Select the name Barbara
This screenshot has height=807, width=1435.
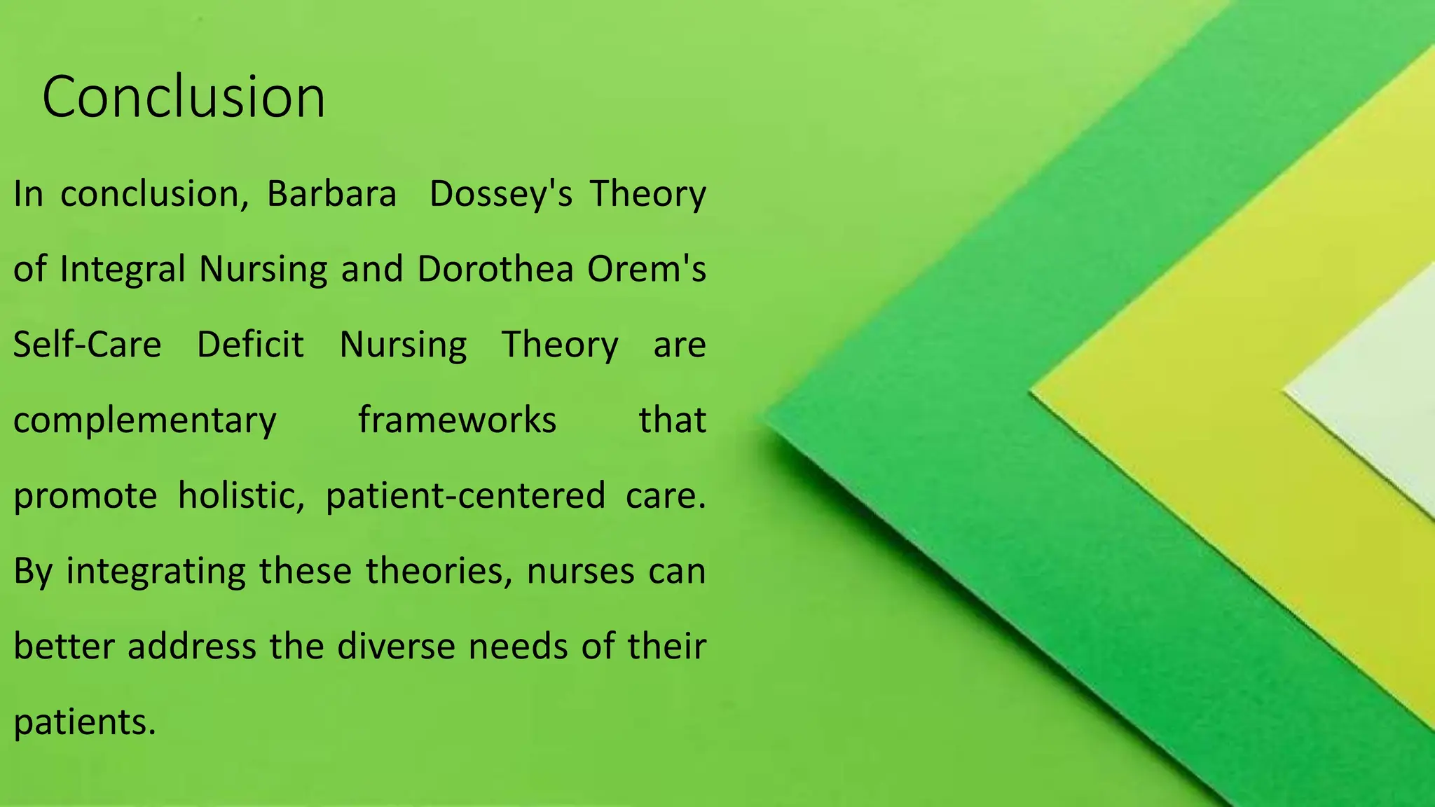pyautogui.click(x=331, y=193)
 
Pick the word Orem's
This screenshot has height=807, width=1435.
pyautogui.click(x=647, y=269)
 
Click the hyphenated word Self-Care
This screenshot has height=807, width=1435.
pyautogui.click(x=88, y=345)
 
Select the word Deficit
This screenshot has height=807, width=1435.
pyautogui.click(x=250, y=345)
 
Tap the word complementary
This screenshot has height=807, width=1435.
pyautogui.click(x=145, y=420)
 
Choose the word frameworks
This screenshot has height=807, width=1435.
pyautogui.click(x=458, y=420)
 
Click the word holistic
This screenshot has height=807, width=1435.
pyautogui.click(x=241, y=495)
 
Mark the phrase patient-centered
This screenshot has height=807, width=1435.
pyautogui.click(x=465, y=495)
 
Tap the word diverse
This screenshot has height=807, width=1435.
pyautogui.click(x=397, y=646)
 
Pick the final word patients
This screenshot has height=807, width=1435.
pyautogui.click(x=84, y=722)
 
